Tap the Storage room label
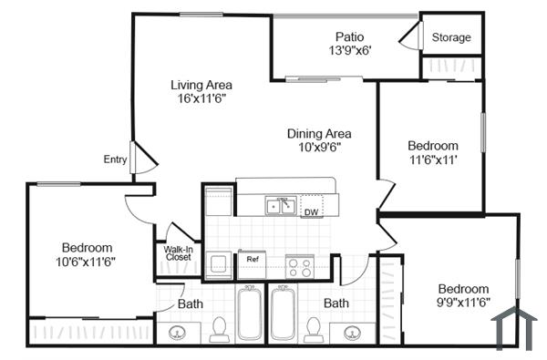[451, 37]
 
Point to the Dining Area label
[319, 133]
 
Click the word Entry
[115, 159]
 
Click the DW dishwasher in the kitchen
[311, 211]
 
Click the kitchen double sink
[279, 206]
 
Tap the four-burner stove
[300, 267]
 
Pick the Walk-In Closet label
[178, 252]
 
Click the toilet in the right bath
[314, 327]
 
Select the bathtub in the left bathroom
[250, 314]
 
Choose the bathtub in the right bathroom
[283, 314]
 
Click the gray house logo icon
[511, 328]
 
